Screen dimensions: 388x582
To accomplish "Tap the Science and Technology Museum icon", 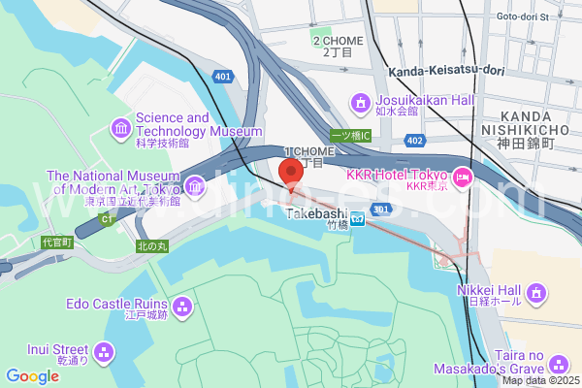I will (x=122, y=127).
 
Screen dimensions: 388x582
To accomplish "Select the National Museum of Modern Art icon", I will (x=195, y=184).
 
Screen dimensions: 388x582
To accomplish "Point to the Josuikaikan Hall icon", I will (x=361, y=102).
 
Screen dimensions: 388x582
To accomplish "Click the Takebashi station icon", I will (x=357, y=218).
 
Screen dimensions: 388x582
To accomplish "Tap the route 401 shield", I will (x=224, y=75).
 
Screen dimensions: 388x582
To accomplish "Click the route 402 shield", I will (x=415, y=142).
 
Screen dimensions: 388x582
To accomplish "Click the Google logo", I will (x=32, y=376).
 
